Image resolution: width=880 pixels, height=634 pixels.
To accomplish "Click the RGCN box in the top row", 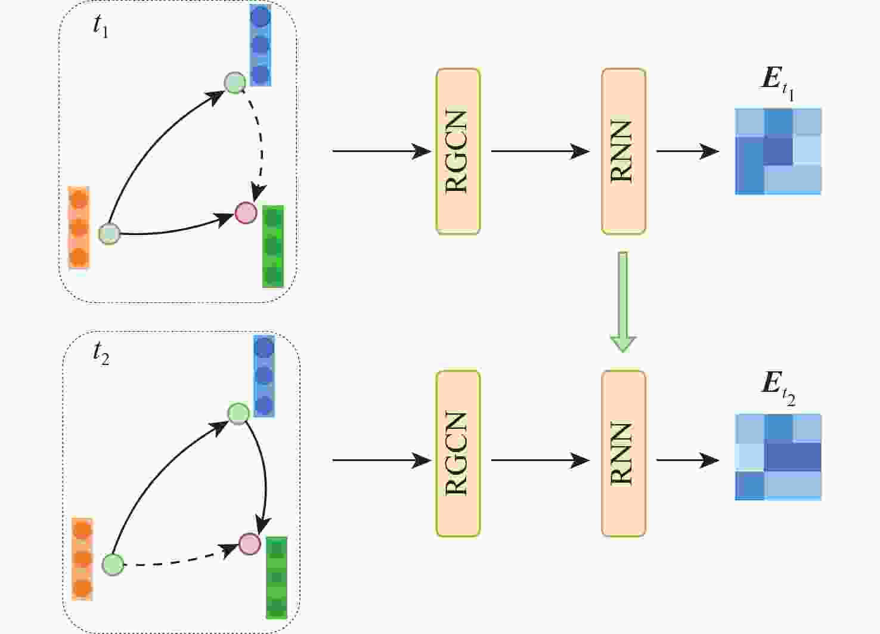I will tap(458, 151).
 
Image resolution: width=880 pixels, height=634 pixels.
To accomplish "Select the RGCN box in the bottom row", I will tap(458, 454).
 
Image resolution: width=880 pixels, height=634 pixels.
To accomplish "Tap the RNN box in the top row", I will tap(623, 151).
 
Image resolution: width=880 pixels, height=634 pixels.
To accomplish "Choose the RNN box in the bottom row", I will tap(623, 454).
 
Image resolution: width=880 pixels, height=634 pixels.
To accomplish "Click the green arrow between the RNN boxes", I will tap(622, 301).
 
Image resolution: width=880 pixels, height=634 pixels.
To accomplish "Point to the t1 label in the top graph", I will tap(101, 27).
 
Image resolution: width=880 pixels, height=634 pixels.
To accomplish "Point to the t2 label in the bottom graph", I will tap(101, 354).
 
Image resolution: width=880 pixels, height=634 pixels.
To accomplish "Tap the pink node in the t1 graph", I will tap(246, 213).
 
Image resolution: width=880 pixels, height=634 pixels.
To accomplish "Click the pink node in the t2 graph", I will tap(250, 543).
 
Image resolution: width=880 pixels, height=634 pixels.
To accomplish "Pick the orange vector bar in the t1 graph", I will tap(79, 228).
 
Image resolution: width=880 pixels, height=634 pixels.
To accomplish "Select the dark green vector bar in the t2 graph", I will tap(276, 577).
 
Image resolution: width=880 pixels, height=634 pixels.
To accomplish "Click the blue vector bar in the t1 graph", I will tap(261, 45).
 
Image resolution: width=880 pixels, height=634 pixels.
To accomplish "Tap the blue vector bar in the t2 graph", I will tap(264, 376).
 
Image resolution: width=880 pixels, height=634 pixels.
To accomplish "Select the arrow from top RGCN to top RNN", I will tap(540, 151).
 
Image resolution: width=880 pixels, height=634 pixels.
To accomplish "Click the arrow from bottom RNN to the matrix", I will tap(687, 460).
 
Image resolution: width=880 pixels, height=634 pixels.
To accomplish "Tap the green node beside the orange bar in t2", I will tap(113, 564).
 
